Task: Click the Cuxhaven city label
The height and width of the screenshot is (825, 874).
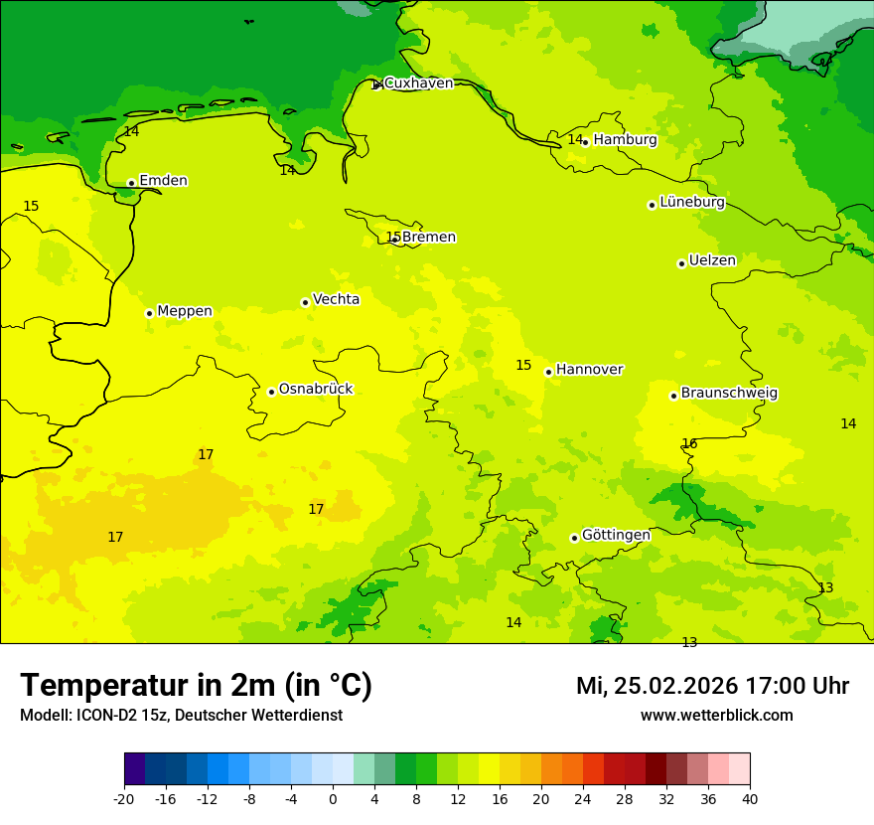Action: click(x=418, y=83)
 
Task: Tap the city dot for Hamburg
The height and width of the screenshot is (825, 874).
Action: click(x=586, y=142)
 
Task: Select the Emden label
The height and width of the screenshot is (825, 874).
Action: click(x=163, y=181)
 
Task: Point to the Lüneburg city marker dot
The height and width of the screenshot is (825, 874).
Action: click(x=652, y=205)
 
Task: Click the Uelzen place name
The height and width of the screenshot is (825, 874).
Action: click(x=712, y=261)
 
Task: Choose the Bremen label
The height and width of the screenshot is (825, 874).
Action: click(x=428, y=238)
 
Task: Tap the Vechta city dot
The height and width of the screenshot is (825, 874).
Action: click(x=305, y=302)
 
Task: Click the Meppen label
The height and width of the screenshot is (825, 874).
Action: click(x=185, y=311)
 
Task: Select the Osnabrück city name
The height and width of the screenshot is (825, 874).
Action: click(x=316, y=390)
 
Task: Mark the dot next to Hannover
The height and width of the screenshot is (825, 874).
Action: click(x=548, y=372)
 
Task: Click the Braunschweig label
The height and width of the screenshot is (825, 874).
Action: click(x=729, y=394)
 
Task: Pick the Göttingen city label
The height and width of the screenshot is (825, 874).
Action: click(x=616, y=536)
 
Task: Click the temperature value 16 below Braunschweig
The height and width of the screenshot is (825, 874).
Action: click(x=689, y=443)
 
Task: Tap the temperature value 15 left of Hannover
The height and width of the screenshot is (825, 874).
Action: click(x=523, y=366)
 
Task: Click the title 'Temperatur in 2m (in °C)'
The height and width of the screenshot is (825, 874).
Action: click(x=196, y=686)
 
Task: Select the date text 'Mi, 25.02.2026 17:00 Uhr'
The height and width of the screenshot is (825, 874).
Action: click(x=712, y=686)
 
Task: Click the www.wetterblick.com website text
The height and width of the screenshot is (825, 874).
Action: click(x=716, y=716)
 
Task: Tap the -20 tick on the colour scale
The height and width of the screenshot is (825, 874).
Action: click(x=124, y=799)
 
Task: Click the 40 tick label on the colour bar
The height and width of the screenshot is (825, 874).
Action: click(x=750, y=799)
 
